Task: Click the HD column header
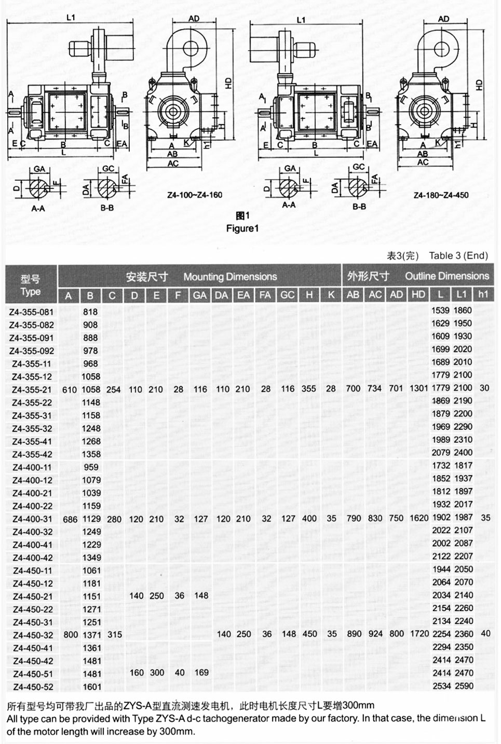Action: [418, 295]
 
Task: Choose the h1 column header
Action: [483, 295]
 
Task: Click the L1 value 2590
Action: [463, 686]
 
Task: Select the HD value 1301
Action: [418, 388]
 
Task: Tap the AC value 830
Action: [375, 518]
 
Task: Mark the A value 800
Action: [70, 634]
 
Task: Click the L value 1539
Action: [441, 310]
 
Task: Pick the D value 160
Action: [136, 673]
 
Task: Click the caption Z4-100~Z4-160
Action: [195, 195]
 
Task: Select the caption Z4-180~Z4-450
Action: [441, 195]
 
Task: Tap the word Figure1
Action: [242, 228]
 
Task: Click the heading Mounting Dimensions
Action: [230, 277]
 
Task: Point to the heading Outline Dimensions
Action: [447, 276]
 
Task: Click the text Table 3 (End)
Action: [458, 255]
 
